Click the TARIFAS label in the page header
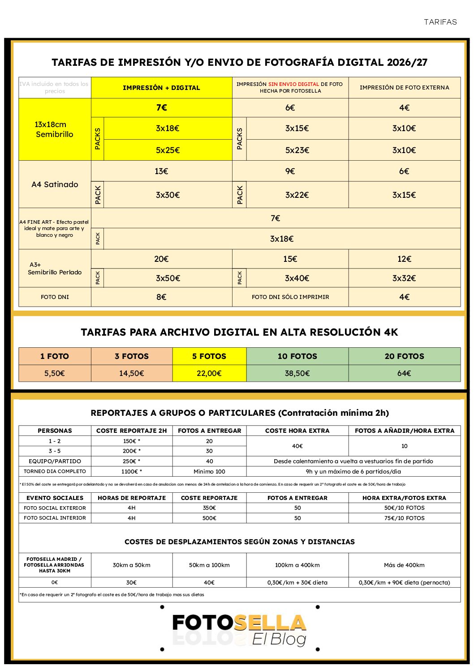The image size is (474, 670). pyautogui.click(x=440, y=22)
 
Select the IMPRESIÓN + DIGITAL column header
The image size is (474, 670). pyautogui.click(x=161, y=88)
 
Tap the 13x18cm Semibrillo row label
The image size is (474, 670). pyautogui.click(x=54, y=129)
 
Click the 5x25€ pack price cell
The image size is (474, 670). pyautogui.click(x=168, y=150)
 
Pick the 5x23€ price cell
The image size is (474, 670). pyautogui.click(x=297, y=150)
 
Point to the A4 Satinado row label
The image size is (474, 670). pyautogui.click(x=55, y=184)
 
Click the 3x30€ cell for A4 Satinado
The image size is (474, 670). pyautogui.click(x=168, y=195)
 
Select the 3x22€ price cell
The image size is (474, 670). pyautogui.click(x=297, y=195)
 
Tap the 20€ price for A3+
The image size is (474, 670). pyautogui.click(x=161, y=259)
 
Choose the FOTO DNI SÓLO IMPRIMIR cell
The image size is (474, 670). pyautogui.click(x=290, y=297)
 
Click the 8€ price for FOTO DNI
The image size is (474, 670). pyautogui.click(x=161, y=297)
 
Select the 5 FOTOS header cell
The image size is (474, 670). pyautogui.click(x=209, y=356)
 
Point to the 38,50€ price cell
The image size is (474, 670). pyautogui.click(x=297, y=373)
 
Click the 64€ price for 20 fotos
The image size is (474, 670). pyautogui.click(x=404, y=373)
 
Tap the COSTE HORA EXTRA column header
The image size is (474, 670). pyautogui.click(x=297, y=431)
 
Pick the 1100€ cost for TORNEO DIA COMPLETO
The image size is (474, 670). pyautogui.click(x=131, y=471)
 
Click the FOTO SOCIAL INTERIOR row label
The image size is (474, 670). pyautogui.click(x=55, y=518)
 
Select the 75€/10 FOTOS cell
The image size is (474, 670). pyautogui.click(x=404, y=518)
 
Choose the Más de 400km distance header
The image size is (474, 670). pyautogui.click(x=404, y=565)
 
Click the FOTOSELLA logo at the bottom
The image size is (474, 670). pyautogui.click(x=239, y=628)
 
